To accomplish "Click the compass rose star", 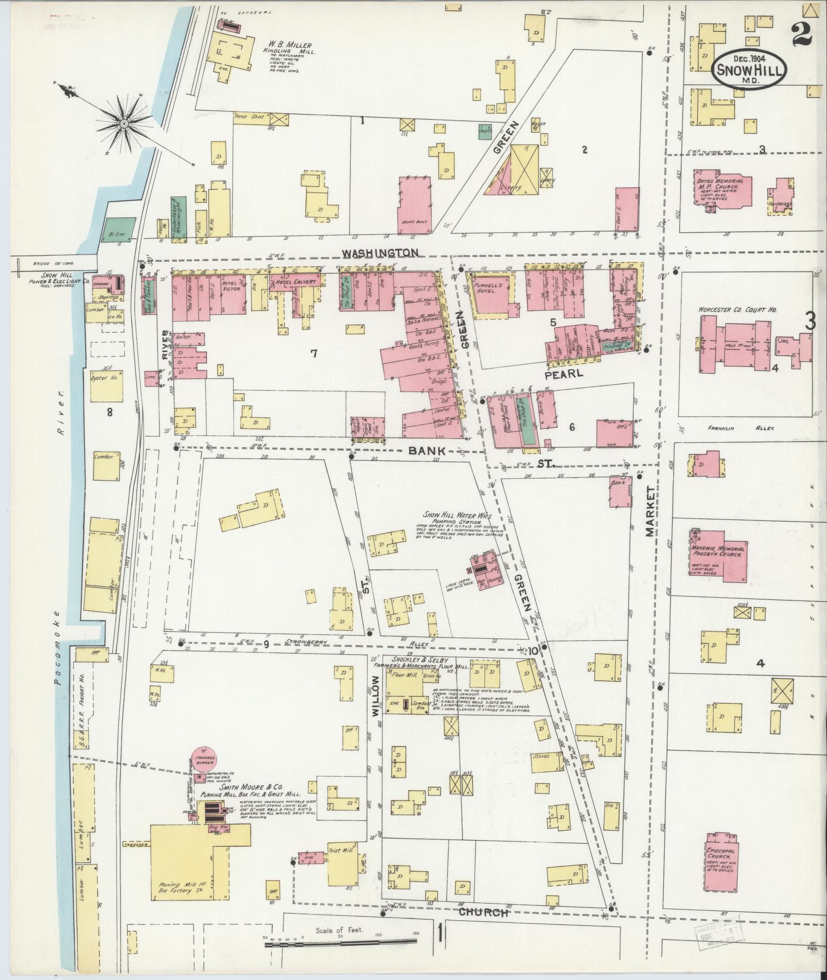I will (x=124, y=123).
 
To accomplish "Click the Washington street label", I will (x=381, y=253).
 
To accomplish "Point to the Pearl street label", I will (x=563, y=374).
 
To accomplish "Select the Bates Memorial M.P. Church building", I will (x=723, y=190).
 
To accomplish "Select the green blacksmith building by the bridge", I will (x=119, y=229).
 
